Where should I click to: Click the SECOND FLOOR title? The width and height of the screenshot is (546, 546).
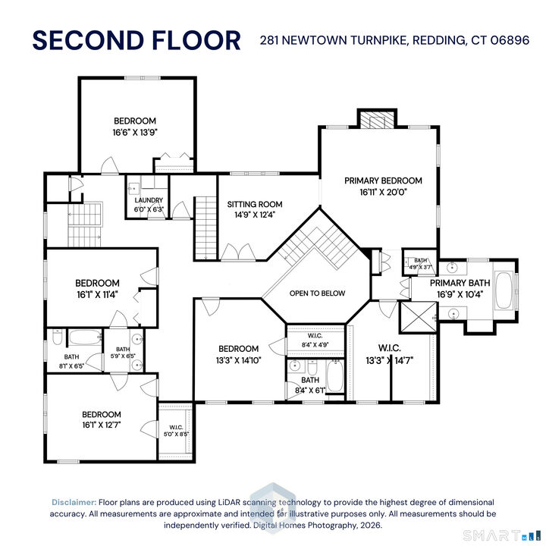pyautogui.click(x=136, y=39)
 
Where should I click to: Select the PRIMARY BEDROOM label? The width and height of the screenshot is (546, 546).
pyautogui.click(x=383, y=180)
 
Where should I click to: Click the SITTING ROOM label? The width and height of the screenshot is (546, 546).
pyautogui.click(x=255, y=204)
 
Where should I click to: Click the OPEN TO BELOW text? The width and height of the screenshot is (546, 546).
pyautogui.click(x=317, y=293)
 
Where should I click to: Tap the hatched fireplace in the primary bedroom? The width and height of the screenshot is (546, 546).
pyautogui.click(x=377, y=120)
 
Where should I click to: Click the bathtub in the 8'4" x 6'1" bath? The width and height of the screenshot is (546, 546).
pyautogui.click(x=335, y=375)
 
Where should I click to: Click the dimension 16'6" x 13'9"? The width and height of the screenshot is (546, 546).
pyautogui.click(x=135, y=131)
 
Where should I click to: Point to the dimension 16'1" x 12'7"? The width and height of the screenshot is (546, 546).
pyautogui.click(x=102, y=425)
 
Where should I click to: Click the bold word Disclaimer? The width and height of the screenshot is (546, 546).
pyautogui.click(x=74, y=502)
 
